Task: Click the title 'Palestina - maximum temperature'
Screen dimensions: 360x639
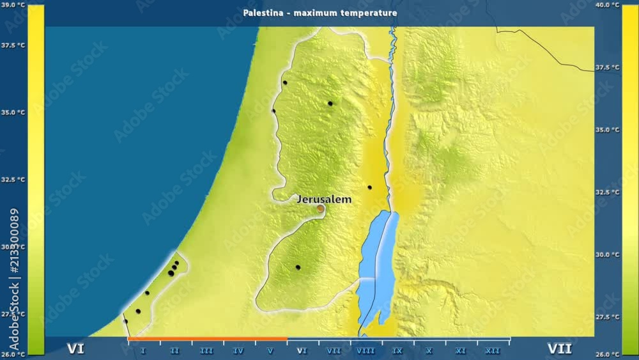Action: [x=319, y=13]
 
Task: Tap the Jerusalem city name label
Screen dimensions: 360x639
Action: [x=324, y=200]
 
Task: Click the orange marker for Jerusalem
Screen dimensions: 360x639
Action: [x=321, y=208]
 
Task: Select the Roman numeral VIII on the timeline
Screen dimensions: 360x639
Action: [x=366, y=351]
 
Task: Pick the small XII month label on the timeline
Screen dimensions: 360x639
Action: [x=493, y=351]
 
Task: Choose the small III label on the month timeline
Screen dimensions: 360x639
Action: [x=206, y=351]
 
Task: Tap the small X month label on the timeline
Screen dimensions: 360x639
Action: [x=429, y=351]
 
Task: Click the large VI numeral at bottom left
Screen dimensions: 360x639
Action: [x=75, y=348]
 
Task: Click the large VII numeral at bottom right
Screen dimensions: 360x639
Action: [x=559, y=348]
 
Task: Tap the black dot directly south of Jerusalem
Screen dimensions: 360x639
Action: [x=298, y=267]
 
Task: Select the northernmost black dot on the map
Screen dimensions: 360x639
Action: [x=285, y=82]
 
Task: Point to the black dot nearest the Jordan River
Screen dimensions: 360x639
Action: [x=369, y=187]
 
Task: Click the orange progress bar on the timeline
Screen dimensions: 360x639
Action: [x=207, y=339]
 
